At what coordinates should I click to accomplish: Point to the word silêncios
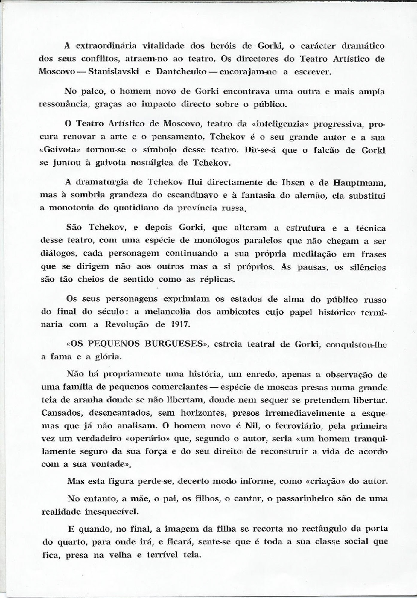368,267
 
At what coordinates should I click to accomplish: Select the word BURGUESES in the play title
173,344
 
